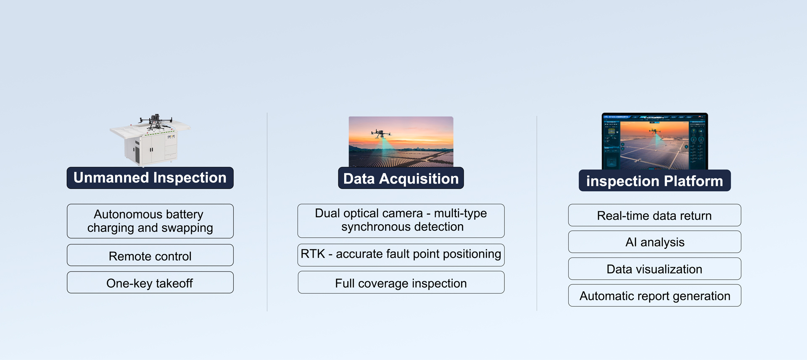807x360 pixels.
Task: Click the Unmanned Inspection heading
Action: pos(150,178)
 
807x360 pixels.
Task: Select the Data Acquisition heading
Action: pos(401,178)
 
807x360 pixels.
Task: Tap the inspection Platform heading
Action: pos(654,181)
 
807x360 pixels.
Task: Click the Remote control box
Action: pos(150,255)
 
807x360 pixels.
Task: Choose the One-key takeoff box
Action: pos(150,283)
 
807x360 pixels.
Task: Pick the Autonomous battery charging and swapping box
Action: pos(150,221)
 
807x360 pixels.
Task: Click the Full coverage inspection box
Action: pos(401,283)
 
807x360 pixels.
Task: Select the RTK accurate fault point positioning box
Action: pos(401,255)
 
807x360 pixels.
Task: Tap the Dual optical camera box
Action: pos(401,221)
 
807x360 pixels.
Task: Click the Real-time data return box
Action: pos(654,215)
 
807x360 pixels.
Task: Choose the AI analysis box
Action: pos(654,242)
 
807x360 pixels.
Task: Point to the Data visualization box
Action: pos(654,269)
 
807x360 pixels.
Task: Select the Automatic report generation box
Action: pos(654,296)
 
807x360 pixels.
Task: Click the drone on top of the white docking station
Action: pos(156,121)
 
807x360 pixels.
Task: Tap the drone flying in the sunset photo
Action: pos(381,134)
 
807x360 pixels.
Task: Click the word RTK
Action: pos(313,254)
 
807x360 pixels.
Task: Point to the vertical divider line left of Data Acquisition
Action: pos(267,212)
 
